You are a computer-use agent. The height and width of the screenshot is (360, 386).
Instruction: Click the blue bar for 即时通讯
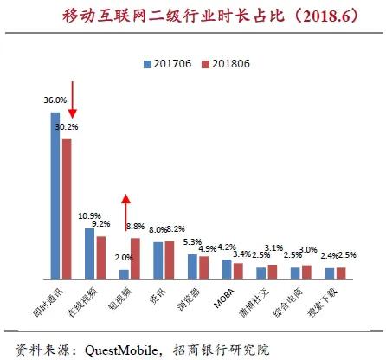pyautogui.click(x=55, y=196)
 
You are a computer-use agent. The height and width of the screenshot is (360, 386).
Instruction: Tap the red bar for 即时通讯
pyautogui.click(x=67, y=209)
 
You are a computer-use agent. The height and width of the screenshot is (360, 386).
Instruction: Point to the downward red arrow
pyautogui.click(x=73, y=100)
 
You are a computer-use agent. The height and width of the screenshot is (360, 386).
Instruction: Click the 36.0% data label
pyautogui.click(x=55, y=101)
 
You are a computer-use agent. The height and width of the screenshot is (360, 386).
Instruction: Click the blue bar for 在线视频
pyautogui.click(x=89, y=253)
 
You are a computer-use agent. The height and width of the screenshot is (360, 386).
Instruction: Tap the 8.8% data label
pyautogui.click(x=136, y=226)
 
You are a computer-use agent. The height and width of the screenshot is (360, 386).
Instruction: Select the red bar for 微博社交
pyautogui.click(x=273, y=271)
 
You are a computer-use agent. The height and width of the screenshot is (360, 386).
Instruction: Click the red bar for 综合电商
pyautogui.click(x=306, y=272)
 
